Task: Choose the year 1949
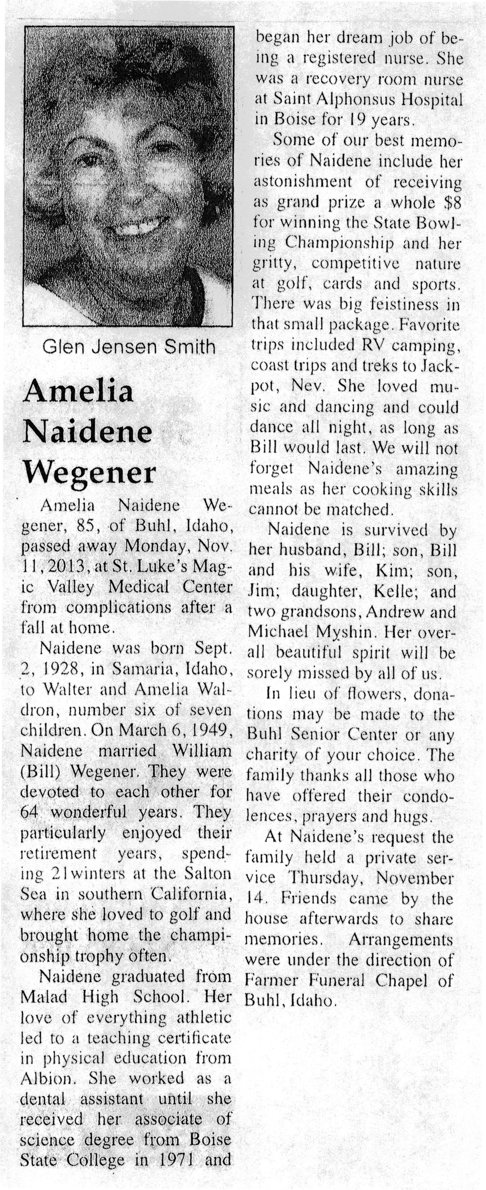pyautogui.click(x=209, y=730)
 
